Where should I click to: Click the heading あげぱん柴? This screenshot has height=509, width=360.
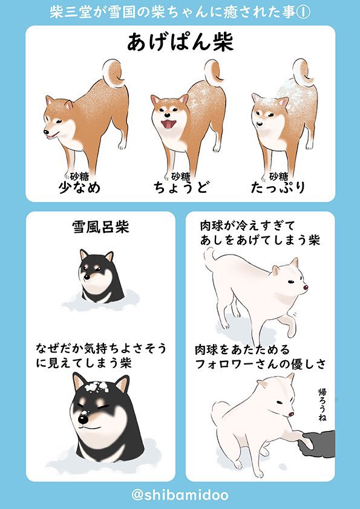pos(180,43)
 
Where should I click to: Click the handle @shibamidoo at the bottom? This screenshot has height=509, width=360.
pos(180,495)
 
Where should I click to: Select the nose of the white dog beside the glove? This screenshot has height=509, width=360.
pos(291,415)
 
